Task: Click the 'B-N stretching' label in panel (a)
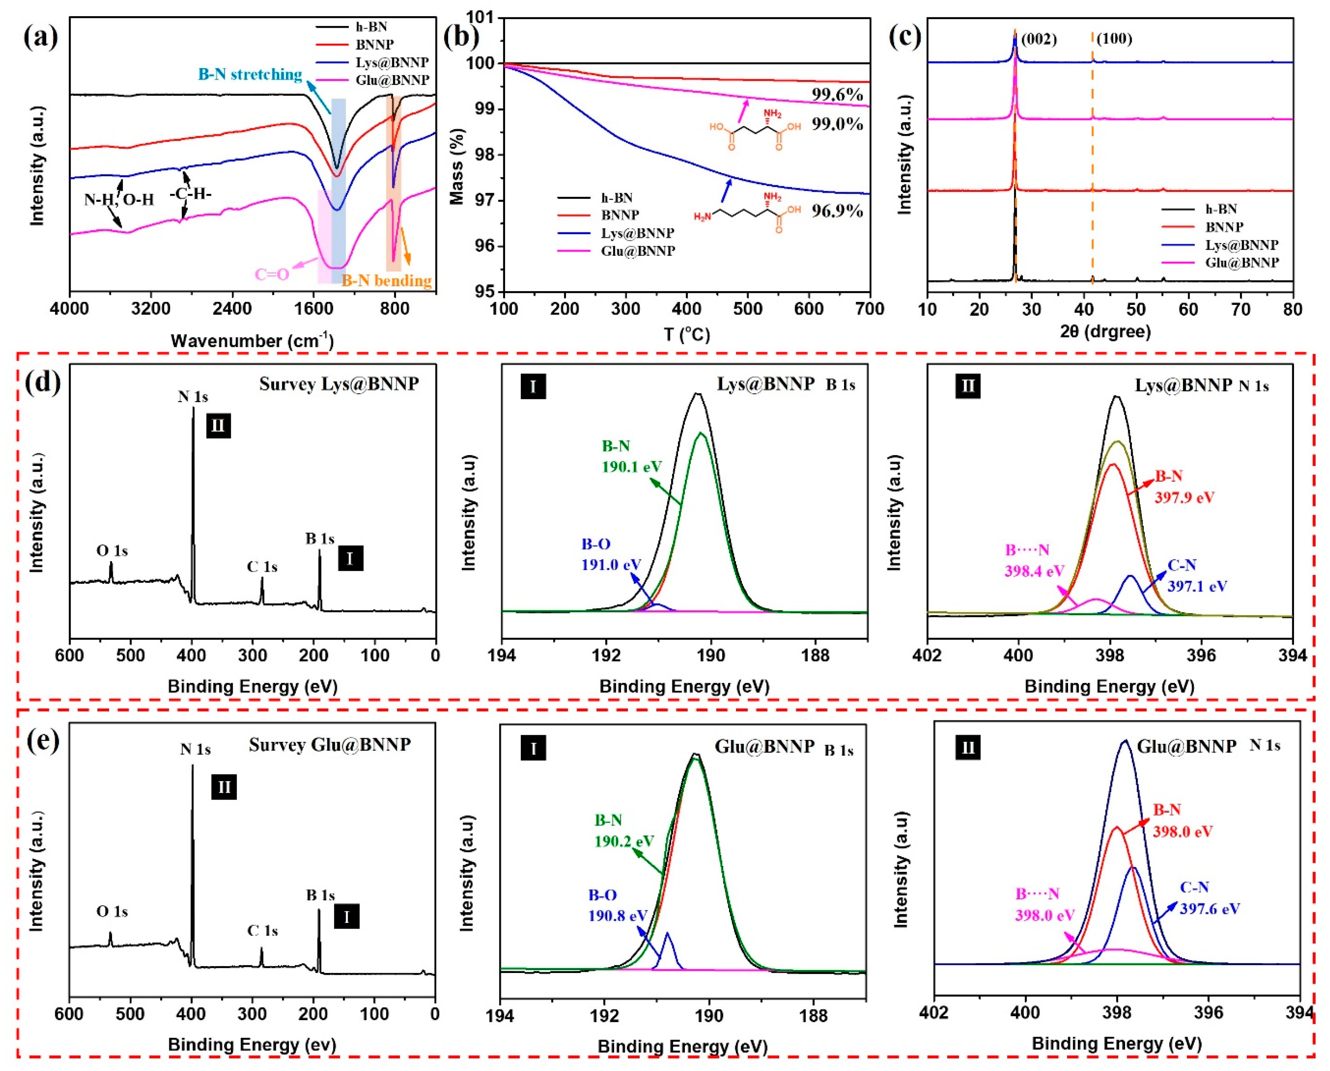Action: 250,75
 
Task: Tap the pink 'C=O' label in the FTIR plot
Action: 272,274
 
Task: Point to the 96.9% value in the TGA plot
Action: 836,211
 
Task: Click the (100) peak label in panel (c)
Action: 1114,39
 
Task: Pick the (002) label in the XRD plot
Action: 1039,39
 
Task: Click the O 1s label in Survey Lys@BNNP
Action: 112,550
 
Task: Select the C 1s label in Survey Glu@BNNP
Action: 262,930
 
